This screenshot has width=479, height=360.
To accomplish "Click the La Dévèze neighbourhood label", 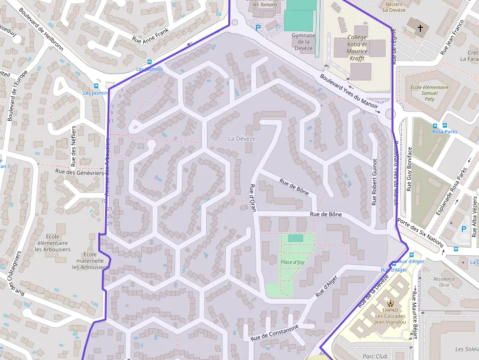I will tap(242, 139).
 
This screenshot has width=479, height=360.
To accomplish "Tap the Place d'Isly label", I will tap(293, 262).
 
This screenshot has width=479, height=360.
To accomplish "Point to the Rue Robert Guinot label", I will tap(375, 182).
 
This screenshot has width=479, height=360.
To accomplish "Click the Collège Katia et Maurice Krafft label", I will tap(357, 47).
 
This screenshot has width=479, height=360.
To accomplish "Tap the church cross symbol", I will tap(420, 29).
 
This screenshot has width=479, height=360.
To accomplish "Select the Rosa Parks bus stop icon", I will tap(435, 126).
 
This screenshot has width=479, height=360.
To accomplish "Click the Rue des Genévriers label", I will tap(80, 172).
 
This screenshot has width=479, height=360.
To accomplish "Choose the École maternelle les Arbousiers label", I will tap(90, 261).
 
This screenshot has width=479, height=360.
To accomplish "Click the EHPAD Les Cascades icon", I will tap(390, 303).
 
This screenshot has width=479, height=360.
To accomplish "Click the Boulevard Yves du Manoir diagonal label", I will tap(349, 91).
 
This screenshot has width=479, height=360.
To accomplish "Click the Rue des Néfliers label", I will tap(74, 145).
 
